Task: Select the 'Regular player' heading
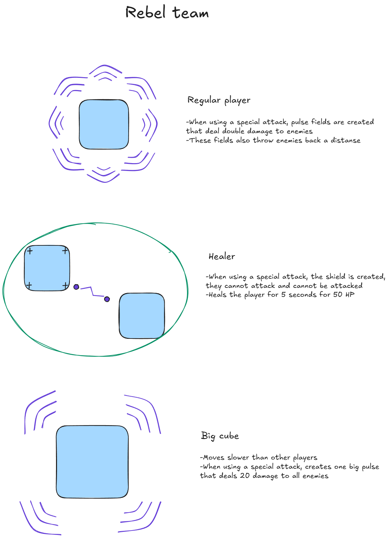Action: [219, 100]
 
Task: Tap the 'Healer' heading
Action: [222, 257]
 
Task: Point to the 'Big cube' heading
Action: [220, 436]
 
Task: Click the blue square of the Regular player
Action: [104, 124]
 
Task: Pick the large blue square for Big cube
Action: [92, 462]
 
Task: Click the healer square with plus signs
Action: [47, 268]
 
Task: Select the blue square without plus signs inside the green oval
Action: [142, 316]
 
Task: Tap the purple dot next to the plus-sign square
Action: [76, 287]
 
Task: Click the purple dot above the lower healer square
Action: [107, 299]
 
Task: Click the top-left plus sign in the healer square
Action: [30, 251]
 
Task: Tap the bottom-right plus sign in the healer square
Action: [65, 285]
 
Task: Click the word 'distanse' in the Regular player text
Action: [346, 140]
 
